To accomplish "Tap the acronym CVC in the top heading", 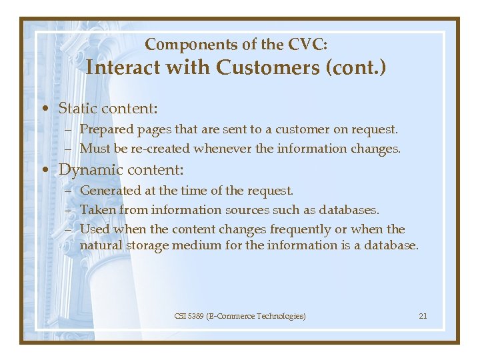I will (307, 45).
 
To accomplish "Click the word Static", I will (77, 108).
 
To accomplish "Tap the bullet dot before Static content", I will (43, 109).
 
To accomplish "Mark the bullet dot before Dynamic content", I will (43, 170).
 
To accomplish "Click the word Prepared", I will (106, 129).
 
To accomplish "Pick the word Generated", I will (109, 191).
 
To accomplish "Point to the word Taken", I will (96, 210).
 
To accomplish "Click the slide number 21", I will (423, 316).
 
